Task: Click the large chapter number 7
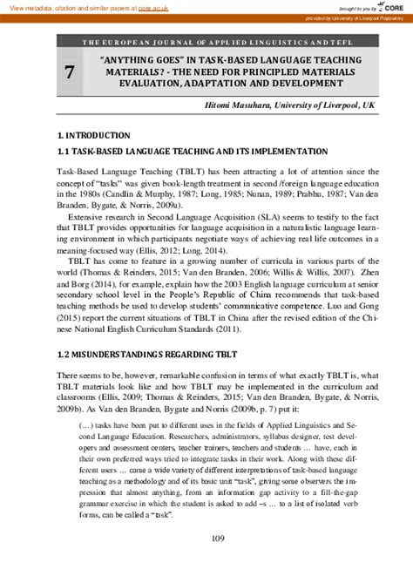click(69, 73)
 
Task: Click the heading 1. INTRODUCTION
click(93, 136)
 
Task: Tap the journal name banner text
click(218, 42)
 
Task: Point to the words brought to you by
click(353, 8)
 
